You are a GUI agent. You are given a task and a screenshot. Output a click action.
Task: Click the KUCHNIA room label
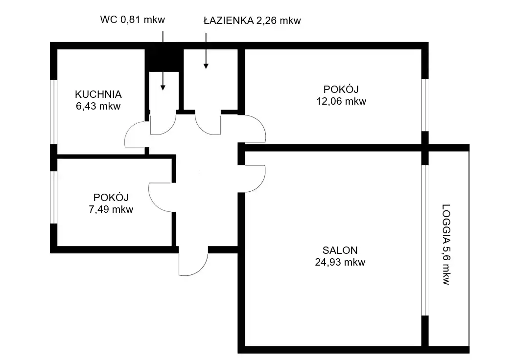pyautogui.click(x=98, y=94)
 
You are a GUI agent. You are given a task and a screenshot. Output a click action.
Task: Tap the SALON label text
pyautogui.click(x=340, y=250)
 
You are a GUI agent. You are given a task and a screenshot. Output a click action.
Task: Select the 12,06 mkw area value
pyautogui.click(x=341, y=101)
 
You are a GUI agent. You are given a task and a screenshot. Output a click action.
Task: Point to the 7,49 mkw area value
pyautogui.click(x=111, y=209)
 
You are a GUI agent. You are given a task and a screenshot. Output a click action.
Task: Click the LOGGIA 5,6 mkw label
pyautogui.click(x=446, y=245)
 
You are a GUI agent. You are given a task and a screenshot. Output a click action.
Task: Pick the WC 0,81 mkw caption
pyautogui.click(x=133, y=20)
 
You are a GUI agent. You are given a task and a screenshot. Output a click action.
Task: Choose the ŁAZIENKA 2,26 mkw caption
pyautogui.click(x=252, y=21)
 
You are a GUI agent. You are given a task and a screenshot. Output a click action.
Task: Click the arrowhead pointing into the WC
pyautogui.click(x=163, y=88)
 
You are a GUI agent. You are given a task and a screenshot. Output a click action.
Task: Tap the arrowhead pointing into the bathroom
pyautogui.click(x=206, y=66)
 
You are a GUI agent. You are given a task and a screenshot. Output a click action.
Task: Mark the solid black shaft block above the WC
pyautogui.click(x=164, y=61)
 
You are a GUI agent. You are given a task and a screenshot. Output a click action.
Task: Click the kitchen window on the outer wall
pyautogui.click(x=54, y=112)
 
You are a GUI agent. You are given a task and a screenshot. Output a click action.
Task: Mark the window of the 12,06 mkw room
pyautogui.click(x=425, y=105)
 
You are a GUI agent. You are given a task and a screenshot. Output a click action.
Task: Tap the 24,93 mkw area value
pyautogui.click(x=340, y=262)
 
